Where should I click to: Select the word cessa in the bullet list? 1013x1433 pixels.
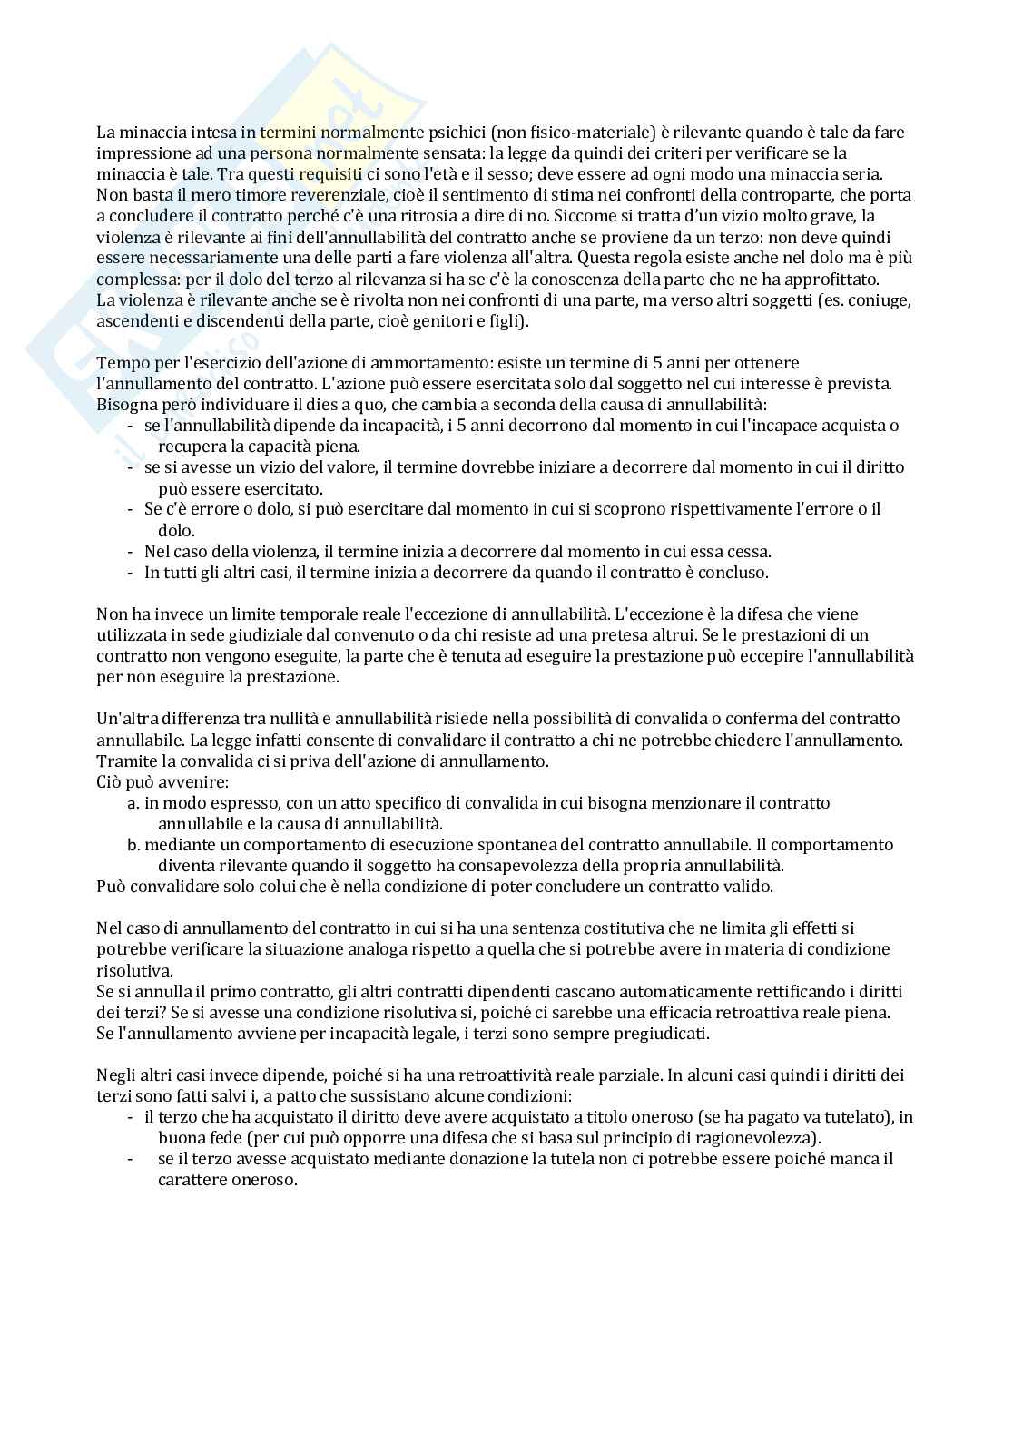[750, 552]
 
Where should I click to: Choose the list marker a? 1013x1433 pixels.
[133, 803]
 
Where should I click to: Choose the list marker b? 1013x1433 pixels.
[133, 845]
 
